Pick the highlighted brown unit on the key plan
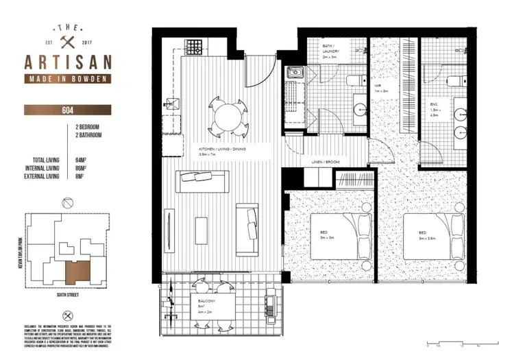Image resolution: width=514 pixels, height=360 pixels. click(77, 274)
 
